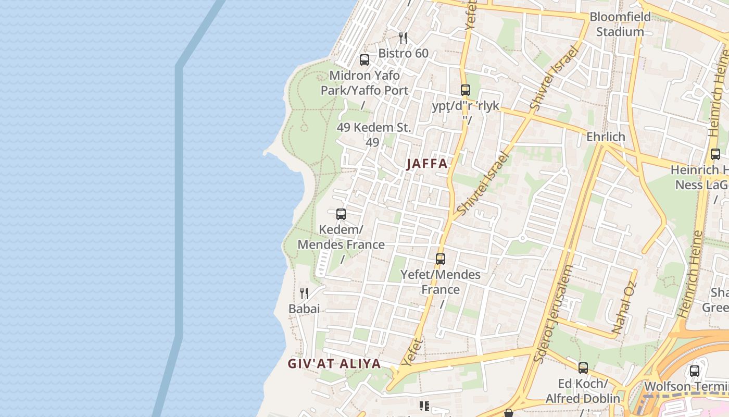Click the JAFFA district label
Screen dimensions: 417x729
point(426,164)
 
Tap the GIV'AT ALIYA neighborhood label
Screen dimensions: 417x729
point(334,364)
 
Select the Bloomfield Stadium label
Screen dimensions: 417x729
point(620,24)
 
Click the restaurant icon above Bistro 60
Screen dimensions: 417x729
point(403,38)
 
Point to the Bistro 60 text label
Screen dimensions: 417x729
point(403,53)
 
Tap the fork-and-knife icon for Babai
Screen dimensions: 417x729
point(304,293)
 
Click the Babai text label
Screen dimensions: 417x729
point(304,309)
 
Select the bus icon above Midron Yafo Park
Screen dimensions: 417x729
point(364,60)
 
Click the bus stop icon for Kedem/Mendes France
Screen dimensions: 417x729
point(341,214)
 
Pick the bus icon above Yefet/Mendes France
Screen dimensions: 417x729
point(441,259)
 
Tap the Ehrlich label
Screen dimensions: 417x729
point(606,137)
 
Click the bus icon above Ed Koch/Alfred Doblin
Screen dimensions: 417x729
point(583,368)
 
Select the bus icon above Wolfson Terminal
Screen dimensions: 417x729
point(695,371)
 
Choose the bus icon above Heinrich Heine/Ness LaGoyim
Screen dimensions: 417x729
point(715,154)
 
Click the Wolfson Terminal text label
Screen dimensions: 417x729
point(686,387)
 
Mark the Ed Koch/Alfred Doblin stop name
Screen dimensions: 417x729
point(583,391)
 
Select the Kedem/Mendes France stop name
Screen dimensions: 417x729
point(341,237)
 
